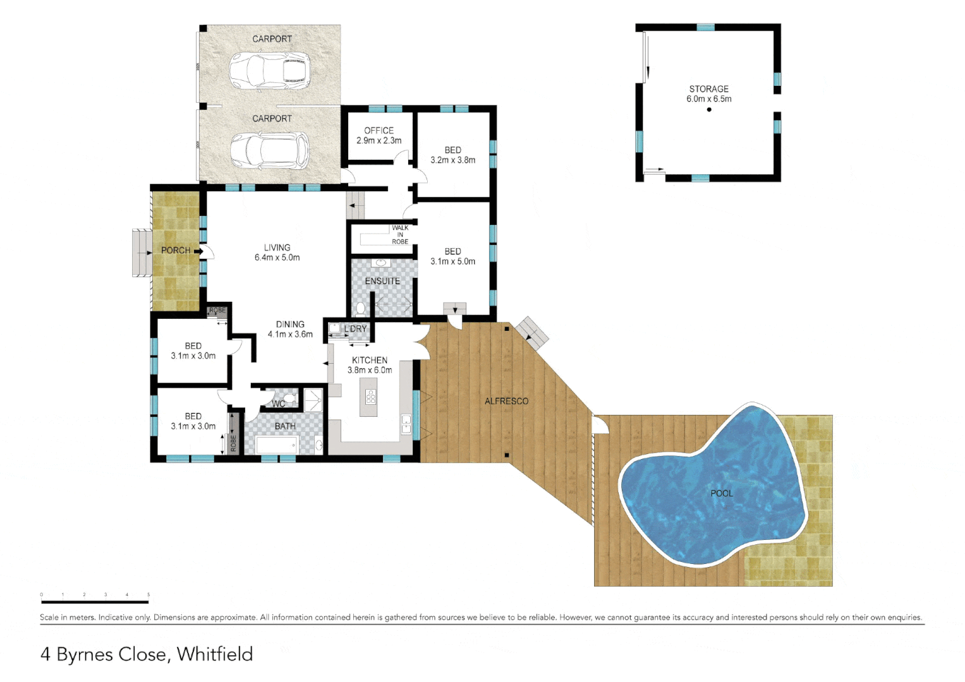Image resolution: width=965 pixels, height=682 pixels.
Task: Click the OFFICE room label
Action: (379, 131)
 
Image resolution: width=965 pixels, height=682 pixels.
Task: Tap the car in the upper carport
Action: (270, 70)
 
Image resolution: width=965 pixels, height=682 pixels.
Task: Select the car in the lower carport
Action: (269, 151)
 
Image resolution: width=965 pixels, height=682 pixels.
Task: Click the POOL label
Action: (722, 493)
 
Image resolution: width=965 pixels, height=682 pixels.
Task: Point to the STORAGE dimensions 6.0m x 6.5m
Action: (709, 99)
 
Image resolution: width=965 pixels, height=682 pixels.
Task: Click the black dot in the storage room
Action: (709, 110)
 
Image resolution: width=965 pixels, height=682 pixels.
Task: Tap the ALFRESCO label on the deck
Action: (506, 401)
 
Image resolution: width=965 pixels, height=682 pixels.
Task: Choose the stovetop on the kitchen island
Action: (371, 397)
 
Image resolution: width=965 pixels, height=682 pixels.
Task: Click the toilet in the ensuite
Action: (360, 309)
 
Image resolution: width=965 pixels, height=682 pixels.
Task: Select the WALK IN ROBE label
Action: (400, 235)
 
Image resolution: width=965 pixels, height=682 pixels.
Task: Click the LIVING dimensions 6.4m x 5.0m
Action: (277, 258)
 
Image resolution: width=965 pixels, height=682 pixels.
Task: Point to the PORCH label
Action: (176, 251)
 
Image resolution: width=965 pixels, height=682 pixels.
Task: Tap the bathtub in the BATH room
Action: (277, 445)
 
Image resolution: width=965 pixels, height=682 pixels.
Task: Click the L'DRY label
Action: (355, 329)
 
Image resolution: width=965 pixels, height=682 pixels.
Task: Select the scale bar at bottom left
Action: (95, 602)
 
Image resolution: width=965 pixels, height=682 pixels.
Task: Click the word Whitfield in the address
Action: (215, 654)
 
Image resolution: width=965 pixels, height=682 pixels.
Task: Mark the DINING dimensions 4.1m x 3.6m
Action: (290, 335)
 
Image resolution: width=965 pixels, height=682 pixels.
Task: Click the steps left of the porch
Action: (142, 253)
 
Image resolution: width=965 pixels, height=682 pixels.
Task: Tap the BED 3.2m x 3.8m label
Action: (452, 155)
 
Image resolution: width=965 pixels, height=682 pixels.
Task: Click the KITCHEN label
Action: (370, 360)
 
